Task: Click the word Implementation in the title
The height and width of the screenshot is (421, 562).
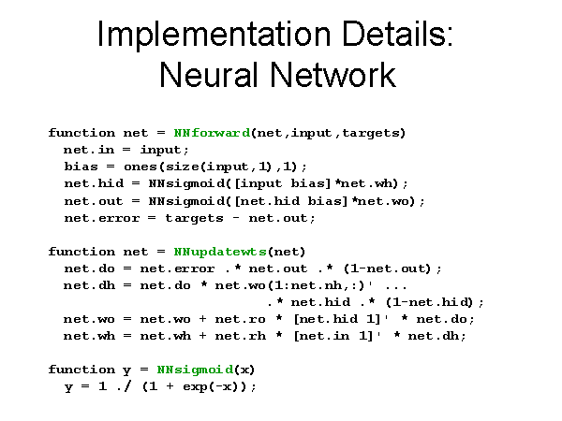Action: point(214,35)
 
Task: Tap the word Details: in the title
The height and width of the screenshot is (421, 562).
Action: point(398,34)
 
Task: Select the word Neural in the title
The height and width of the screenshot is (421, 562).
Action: point(209,75)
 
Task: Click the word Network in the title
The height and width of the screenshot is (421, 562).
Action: point(333,75)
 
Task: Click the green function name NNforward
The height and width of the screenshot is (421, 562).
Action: point(212,133)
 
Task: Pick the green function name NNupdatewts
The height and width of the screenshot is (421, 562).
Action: point(220,253)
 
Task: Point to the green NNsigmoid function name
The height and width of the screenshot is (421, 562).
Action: point(196,370)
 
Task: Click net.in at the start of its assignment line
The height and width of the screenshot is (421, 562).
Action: point(89,150)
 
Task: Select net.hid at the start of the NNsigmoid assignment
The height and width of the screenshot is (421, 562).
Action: point(94,183)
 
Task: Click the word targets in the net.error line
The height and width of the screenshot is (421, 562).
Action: point(194,218)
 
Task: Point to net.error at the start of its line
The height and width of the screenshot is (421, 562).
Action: point(102,218)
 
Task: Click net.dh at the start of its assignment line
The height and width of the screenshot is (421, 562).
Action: point(90,285)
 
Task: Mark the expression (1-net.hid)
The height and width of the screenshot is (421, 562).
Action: point(430,302)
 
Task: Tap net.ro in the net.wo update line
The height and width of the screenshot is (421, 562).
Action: point(240,319)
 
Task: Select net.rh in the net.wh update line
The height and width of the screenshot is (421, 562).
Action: point(241,336)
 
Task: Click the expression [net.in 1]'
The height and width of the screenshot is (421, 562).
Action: point(337,336)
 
